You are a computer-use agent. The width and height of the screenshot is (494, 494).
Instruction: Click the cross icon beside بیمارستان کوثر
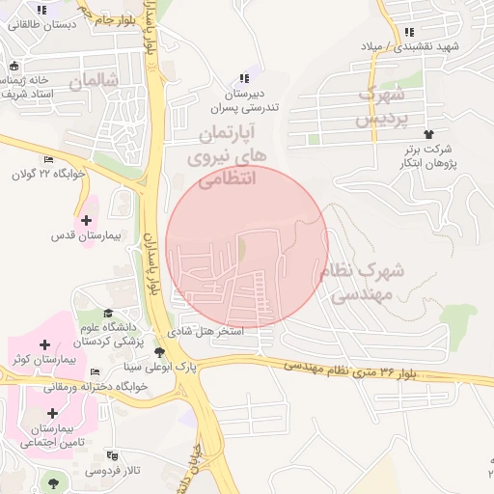[44, 344]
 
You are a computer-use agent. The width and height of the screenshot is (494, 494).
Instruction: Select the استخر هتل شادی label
[206, 331]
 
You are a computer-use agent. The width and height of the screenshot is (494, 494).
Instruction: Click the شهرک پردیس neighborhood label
[378, 106]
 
